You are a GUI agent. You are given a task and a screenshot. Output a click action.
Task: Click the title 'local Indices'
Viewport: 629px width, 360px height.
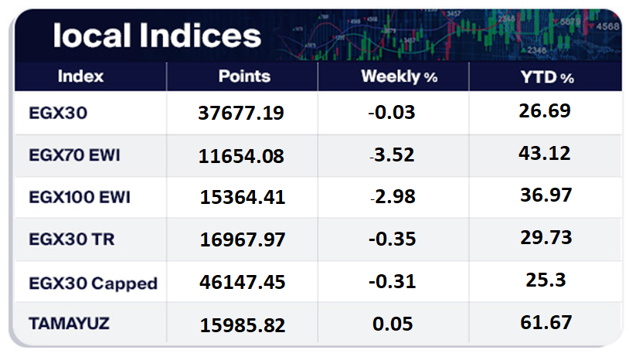click(157, 36)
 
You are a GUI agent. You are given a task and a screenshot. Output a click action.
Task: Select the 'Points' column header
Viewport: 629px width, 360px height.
click(244, 76)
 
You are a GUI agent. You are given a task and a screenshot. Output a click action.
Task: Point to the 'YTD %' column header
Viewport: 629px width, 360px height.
click(545, 77)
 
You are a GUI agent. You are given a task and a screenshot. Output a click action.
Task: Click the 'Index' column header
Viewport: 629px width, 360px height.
click(80, 76)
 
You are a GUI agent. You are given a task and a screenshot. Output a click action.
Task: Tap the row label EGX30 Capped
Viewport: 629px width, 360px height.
click(93, 283)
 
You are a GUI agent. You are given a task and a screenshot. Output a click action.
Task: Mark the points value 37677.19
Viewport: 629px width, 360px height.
click(242, 114)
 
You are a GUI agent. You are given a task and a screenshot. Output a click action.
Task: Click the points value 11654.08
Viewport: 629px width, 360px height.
click(242, 156)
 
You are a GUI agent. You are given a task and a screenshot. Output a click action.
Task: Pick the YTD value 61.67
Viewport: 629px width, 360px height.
click(545, 322)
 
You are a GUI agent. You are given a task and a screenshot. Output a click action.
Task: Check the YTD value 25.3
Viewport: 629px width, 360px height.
click(545, 280)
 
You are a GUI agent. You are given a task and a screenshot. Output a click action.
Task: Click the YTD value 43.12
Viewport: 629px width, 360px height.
click(545, 153)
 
